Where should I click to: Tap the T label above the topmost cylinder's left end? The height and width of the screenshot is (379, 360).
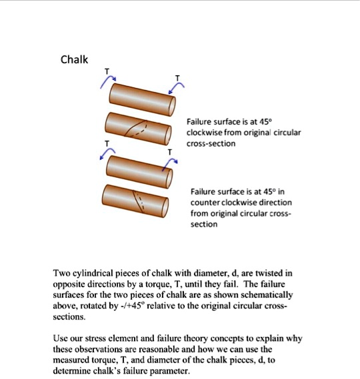pos(105,72)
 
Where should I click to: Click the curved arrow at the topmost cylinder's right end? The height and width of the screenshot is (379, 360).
pos(175,89)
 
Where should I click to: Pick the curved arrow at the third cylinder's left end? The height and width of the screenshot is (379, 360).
pos(105,154)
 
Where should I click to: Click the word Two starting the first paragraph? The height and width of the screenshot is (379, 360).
pos(62,273)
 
